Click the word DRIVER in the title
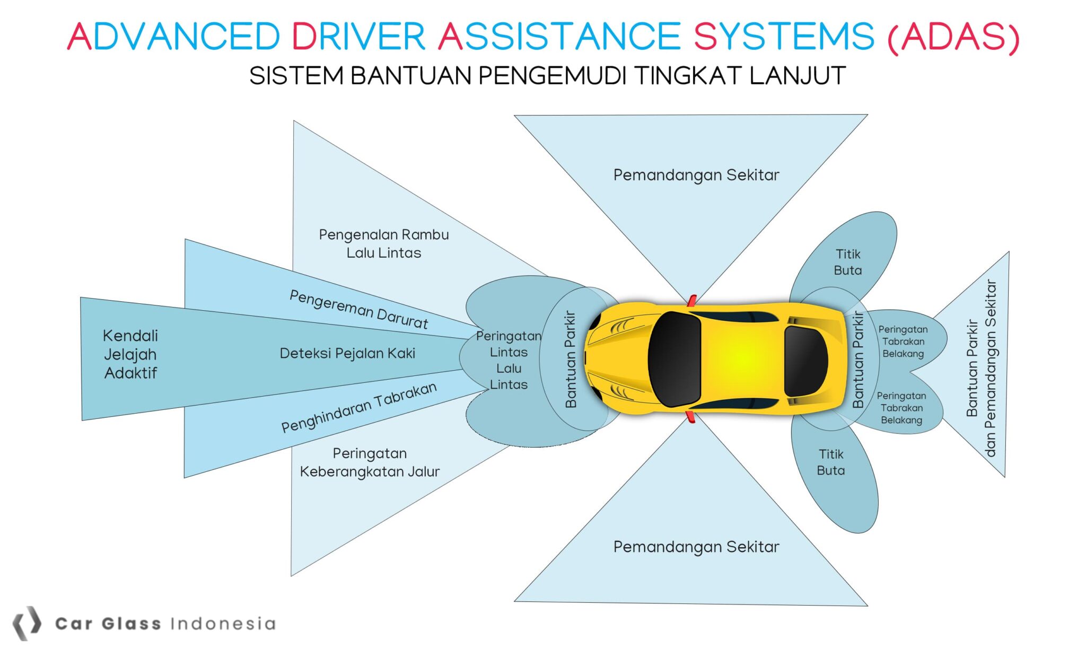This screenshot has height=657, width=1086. click(358, 37)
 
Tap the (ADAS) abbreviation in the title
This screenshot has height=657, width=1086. click(953, 37)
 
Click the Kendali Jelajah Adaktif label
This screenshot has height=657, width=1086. click(130, 354)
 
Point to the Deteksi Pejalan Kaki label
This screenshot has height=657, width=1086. click(347, 354)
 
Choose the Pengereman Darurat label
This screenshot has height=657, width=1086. click(358, 310)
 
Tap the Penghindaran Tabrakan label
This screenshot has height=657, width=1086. click(358, 407)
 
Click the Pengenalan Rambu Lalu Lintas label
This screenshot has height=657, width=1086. click(383, 243)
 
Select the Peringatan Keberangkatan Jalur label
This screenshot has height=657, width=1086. click(370, 462)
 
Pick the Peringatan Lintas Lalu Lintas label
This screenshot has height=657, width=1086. click(509, 360)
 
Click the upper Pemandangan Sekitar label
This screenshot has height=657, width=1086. click(696, 175)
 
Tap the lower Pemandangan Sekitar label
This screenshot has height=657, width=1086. click(696, 547)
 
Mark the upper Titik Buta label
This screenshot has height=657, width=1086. click(847, 262)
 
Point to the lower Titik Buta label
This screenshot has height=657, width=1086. click(830, 462)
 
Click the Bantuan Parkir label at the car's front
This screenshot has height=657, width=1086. click(571, 359)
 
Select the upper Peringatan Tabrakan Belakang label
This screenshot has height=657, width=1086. click(903, 341)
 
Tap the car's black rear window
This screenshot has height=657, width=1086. click(805, 361)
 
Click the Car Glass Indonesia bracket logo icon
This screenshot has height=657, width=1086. click(27, 623)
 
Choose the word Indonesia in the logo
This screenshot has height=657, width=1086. click(223, 624)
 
